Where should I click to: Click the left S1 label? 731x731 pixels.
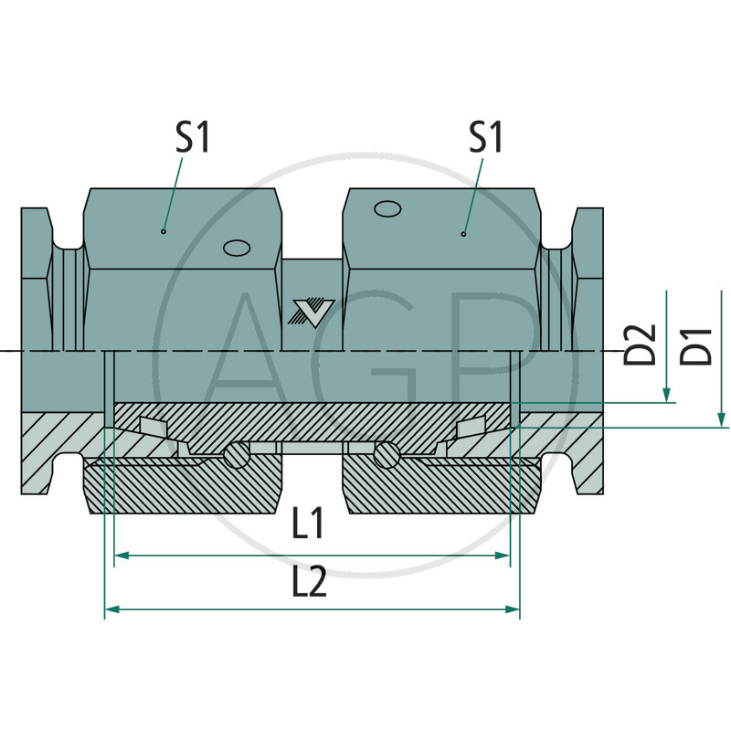pyautogui.click(x=193, y=138)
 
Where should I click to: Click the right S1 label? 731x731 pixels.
pyautogui.click(x=487, y=138)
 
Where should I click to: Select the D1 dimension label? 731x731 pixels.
pyautogui.click(x=699, y=344)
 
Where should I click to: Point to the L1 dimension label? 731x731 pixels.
pyautogui.click(x=309, y=524)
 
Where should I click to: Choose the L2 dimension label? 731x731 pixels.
pyautogui.click(x=309, y=582)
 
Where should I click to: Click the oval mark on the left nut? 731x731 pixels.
pyautogui.click(x=236, y=249)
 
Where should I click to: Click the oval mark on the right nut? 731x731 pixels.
pyautogui.click(x=387, y=209)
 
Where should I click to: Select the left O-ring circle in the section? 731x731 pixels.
pyautogui.click(x=238, y=454)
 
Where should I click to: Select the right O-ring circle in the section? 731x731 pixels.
pyautogui.click(x=386, y=454)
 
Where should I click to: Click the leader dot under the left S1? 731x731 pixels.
pyautogui.click(x=164, y=231)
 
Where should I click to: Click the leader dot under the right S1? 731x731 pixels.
pyautogui.click(x=463, y=234)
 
